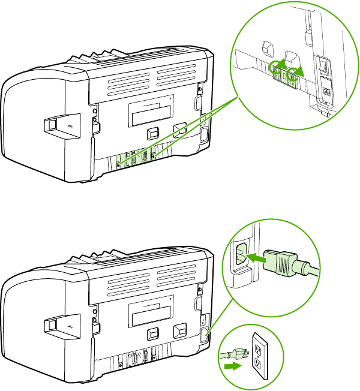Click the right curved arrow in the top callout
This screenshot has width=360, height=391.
[x=295, y=74]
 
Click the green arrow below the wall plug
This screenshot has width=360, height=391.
[x=231, y=363]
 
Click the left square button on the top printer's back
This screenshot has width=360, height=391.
[x=152, y=131]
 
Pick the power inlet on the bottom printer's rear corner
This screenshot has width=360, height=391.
[x=205, y=333]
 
